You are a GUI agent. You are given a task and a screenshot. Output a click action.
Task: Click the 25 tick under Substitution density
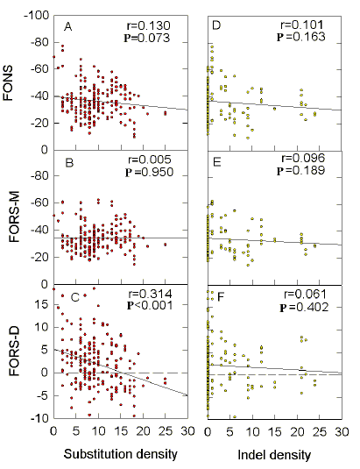click(165, 430)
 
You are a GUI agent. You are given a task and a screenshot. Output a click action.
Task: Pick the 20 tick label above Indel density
click(297, 430)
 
